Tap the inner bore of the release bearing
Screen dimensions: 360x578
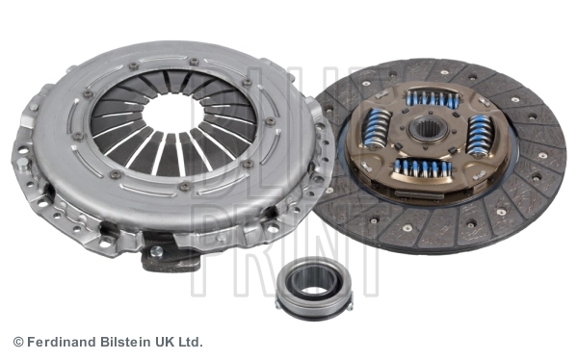[x=314, y=280]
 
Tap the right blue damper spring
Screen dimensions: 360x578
[x=479, y=136]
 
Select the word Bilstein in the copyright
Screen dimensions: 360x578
[x=127, y=342]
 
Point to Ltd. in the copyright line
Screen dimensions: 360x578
[x=192, y=342]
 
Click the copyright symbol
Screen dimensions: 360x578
[x=17, y=342]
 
